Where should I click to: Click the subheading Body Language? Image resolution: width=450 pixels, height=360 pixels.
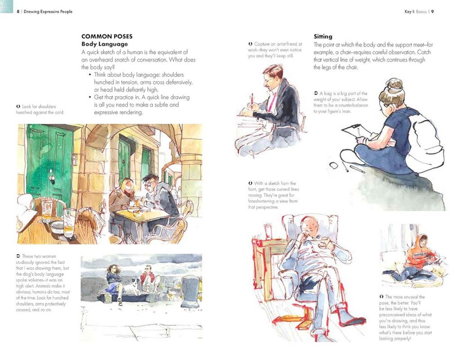click(x=104, y=44)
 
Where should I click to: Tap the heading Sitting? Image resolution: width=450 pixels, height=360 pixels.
click(x=323, y=36)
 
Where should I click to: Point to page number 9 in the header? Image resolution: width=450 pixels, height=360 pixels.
click(x=432, y=12)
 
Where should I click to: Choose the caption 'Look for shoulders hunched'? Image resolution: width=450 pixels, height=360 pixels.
click(x=40, y=109)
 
